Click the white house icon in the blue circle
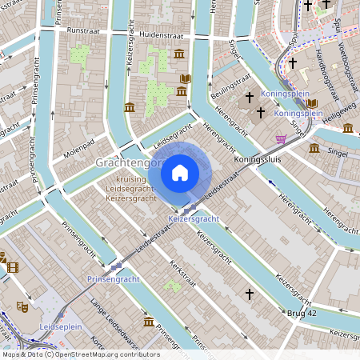coord(180,172)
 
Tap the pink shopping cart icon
coord(281,139)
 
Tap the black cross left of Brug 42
coord(249,294)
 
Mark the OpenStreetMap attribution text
coord(80,354)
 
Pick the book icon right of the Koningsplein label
coord(312,104)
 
